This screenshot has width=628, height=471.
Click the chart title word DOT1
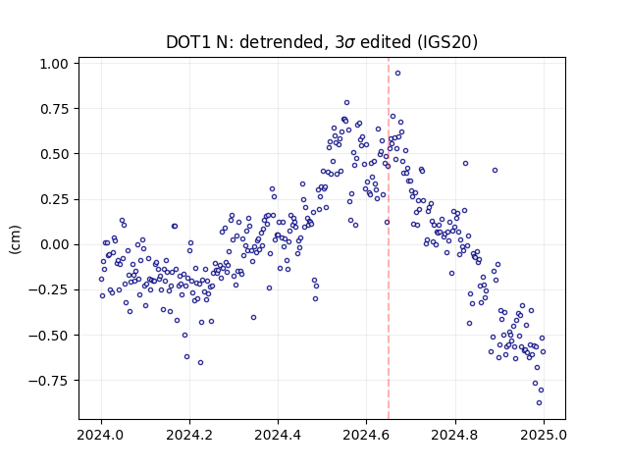coord(188,42)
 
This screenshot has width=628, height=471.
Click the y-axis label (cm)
coord(15,239)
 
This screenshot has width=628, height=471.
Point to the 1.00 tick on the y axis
coord(54,64)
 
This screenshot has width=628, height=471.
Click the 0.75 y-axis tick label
coord(54,109)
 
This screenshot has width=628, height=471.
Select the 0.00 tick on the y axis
coord(54,244)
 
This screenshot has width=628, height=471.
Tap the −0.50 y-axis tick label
coord(48,336)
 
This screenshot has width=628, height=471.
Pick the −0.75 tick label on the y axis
coord(48,381)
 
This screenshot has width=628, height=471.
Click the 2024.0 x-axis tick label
coord(101,435)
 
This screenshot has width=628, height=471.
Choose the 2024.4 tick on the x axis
coord(278,435)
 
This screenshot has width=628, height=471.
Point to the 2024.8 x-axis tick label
coord(454,435)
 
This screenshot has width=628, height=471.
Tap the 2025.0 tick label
coord(544,435)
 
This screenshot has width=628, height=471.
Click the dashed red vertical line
coord(389,238)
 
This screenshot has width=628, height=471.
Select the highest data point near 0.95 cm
coord(397,73)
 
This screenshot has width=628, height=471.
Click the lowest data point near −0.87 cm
coord(539,403)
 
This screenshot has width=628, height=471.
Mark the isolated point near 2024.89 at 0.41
coord(495,170)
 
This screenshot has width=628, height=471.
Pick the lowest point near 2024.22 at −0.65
coord(200,362)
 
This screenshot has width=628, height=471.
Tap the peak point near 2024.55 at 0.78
coord(346,102)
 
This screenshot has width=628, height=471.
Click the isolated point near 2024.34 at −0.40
coord(253,318)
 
